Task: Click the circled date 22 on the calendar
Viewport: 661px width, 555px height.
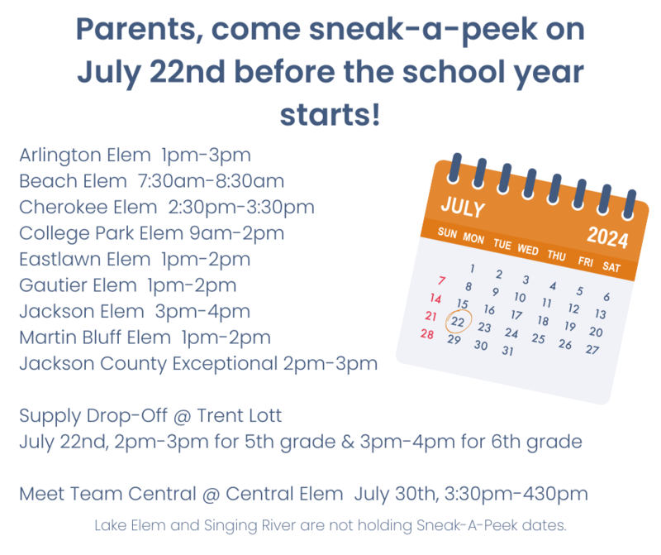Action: (x=458, y=321)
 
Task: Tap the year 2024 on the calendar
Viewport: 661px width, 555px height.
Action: (x=607, y=237)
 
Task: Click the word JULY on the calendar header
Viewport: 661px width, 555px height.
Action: (x=462, y=205)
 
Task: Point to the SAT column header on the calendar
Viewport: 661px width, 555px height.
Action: (x=611, y=267)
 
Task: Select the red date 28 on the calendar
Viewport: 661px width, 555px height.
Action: (x=427, y=334)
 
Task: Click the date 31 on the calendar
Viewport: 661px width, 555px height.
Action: (x=508, y=351)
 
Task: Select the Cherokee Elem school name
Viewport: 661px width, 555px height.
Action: (x=88, y=207)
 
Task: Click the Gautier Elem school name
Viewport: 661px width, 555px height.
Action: (x=78, y=285)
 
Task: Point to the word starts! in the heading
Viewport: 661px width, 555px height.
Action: (x=330, y=113)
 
